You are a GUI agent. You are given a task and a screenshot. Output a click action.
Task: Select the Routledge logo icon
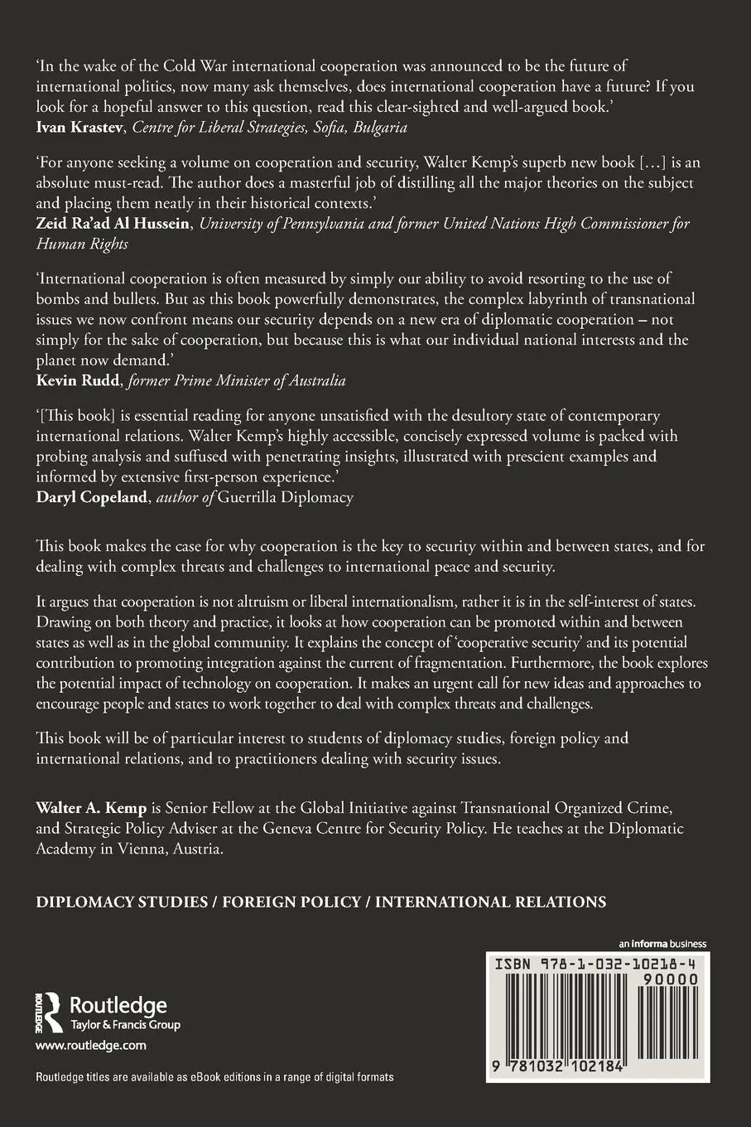[49, 1010]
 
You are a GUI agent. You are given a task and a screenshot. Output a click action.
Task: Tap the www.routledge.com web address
[91, 1046]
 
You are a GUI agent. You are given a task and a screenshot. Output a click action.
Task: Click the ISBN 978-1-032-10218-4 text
[596, 965]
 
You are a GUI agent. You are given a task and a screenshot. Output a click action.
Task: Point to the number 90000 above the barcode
[672, 979]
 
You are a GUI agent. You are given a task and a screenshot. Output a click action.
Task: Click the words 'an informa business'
[662, 944]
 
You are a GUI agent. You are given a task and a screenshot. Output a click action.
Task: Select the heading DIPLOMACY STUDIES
[122, 902]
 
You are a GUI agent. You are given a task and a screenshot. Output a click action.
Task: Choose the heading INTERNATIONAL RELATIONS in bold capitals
[490, 902]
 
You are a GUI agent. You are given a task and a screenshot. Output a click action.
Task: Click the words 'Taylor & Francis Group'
[125, 1025]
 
